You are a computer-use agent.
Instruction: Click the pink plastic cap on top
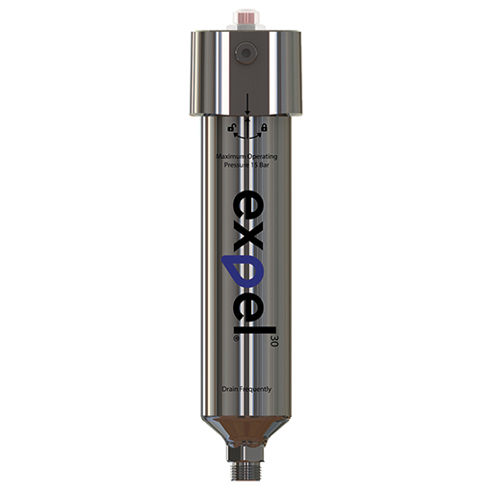pos(246,17)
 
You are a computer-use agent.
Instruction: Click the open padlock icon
pos(231,127)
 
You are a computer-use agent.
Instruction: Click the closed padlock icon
pos(264,127)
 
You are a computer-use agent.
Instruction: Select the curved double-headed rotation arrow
pos(247,133)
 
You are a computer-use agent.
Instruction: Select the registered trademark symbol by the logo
pos(225,338)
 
